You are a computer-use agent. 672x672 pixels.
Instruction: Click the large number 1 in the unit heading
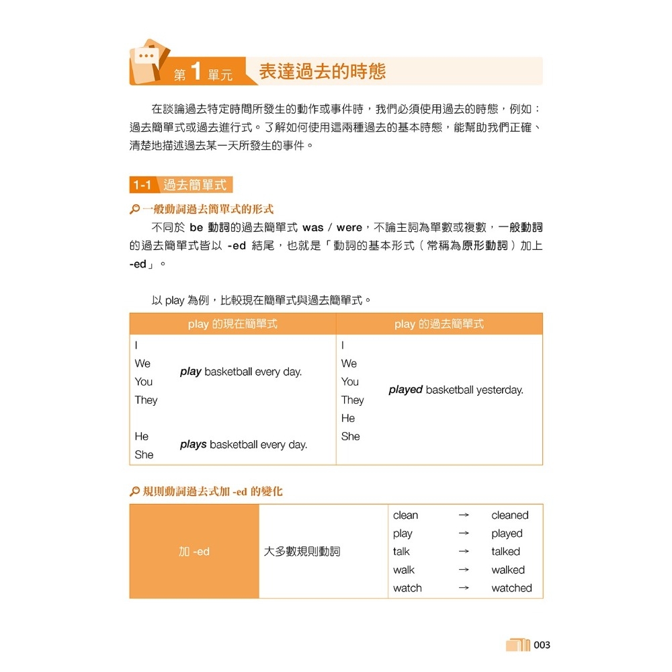tap(196, 71)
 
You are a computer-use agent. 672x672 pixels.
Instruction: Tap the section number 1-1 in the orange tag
tap(142, 185)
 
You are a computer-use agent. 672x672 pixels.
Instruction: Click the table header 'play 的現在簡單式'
tap(233, 324)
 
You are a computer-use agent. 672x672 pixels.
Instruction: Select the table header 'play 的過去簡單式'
tap(439, 324)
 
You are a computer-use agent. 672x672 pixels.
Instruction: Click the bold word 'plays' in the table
tap(194, 444)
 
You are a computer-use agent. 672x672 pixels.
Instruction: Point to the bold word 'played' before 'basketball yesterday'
tap(405, 390)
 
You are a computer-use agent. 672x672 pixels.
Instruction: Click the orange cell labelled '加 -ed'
tap(194, 552)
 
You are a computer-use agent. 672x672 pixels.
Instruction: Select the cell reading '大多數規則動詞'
tap(302, 552)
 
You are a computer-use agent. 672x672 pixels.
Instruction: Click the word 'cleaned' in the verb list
tap(509, 515)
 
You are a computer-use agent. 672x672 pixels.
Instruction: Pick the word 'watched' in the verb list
tap(511, 588)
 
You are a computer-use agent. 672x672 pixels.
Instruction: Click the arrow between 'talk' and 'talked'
tap(463, 552)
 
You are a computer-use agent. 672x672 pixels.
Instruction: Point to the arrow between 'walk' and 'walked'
tap(463, 570)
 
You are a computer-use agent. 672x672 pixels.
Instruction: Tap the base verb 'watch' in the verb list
tap(407, 588)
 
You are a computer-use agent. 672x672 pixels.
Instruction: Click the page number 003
tap(542, 645)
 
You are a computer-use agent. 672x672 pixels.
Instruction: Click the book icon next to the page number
tap(517, 645)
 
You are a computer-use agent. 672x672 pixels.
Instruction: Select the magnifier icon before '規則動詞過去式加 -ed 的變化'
tap(134, 492)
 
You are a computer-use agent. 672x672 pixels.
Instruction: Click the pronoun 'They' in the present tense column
tap(146, 400)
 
